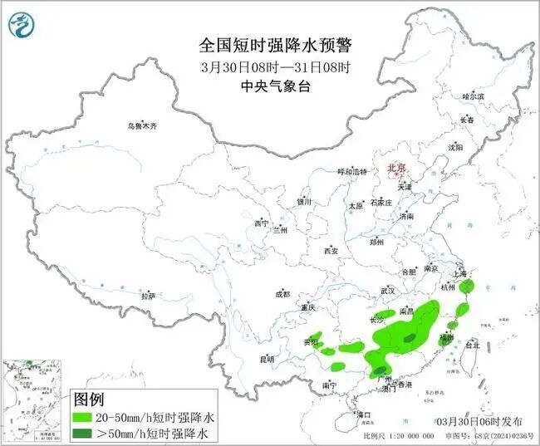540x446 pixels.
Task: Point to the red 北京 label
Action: [x=396, y=169]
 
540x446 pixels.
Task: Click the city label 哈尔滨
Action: [x=473, y=97]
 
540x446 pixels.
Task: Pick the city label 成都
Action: [x=282, y=294]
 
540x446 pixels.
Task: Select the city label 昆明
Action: [x=266, y=359]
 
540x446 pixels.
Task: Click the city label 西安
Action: [x=331, y=250]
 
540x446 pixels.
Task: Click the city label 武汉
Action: [x=387, y=291]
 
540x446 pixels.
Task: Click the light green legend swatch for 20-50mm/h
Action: [x=85, y=417]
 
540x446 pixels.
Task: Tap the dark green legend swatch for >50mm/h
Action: [x=85, y=433]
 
